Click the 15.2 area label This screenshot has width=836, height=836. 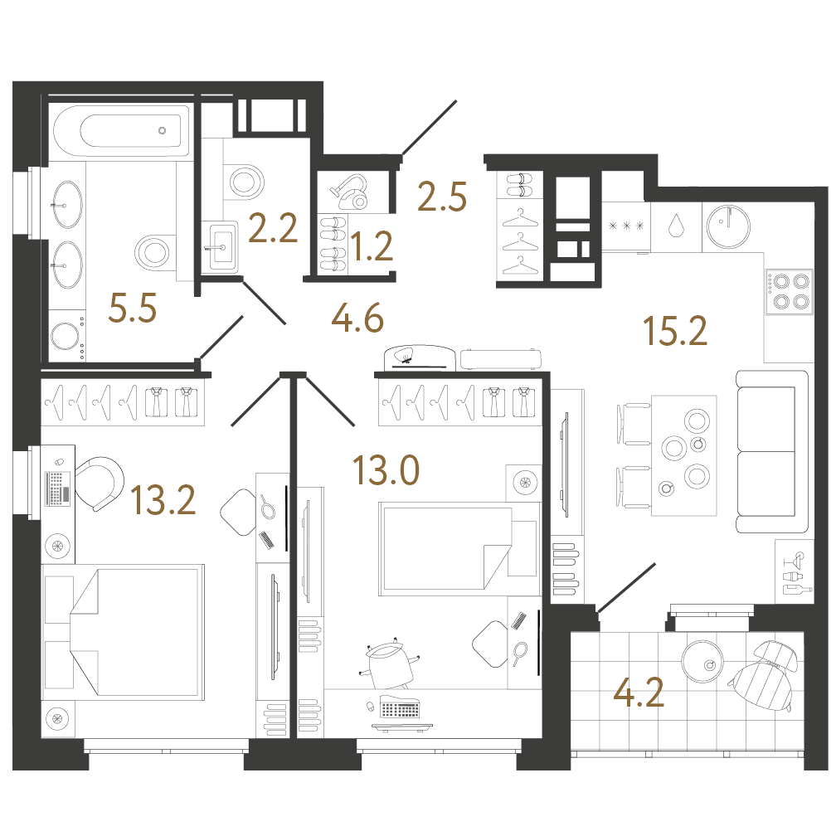coord(675,331)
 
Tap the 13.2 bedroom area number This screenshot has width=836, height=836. coord(163,500)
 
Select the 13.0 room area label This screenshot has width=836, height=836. coord(386,471)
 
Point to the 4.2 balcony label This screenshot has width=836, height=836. coord(639,692)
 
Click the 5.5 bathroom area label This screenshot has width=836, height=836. coord(132,309)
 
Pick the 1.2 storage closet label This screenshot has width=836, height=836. coord(372,246)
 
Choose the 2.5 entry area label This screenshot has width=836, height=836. coord(442,197)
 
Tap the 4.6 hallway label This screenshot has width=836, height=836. coord(357,318)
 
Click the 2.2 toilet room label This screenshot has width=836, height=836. coord(273,228)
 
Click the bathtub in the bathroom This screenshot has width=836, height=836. coord(121,131)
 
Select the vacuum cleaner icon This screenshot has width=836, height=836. coord(349,192)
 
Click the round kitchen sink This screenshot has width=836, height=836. coord(728,226)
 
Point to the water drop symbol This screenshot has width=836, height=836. coord(675,226)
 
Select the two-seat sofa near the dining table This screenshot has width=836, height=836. coord(772,451)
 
